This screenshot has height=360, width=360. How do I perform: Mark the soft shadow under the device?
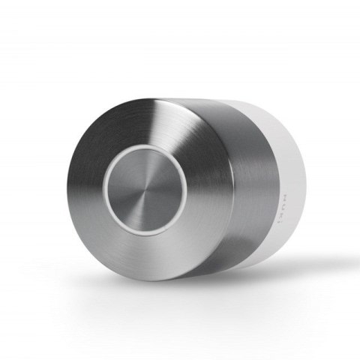pos(247,279)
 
